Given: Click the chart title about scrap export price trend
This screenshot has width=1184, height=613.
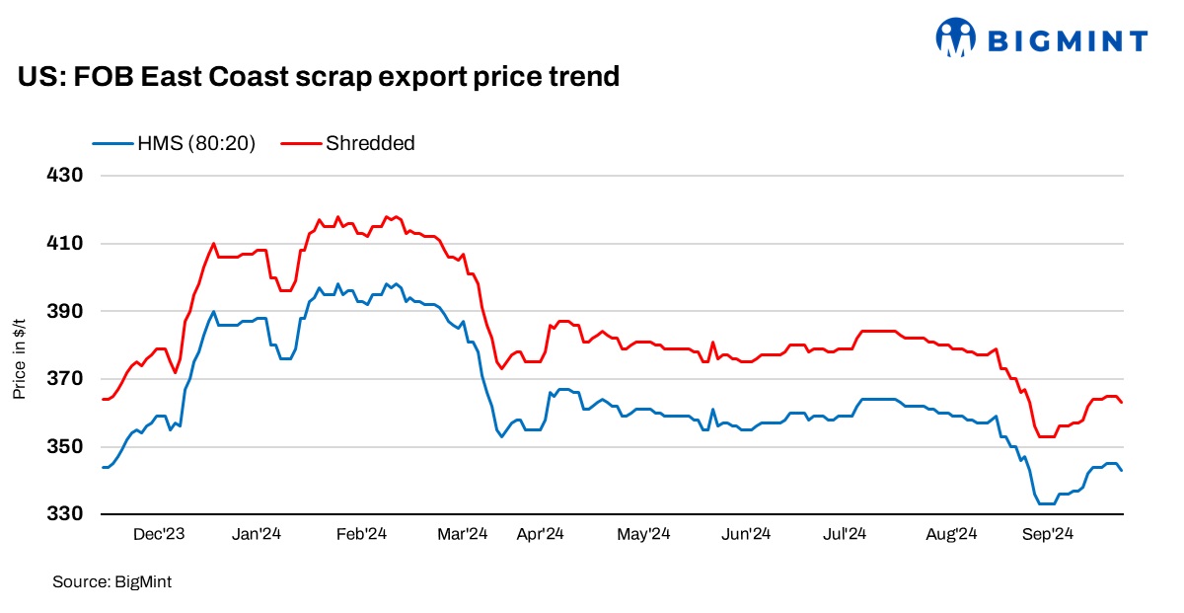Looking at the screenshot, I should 319,76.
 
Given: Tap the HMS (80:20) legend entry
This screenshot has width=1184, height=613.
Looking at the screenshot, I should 175,143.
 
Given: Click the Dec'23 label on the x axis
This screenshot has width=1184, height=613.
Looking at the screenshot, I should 159,534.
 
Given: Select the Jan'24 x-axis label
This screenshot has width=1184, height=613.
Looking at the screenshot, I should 258,534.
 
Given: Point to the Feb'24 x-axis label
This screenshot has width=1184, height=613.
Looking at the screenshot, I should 360,534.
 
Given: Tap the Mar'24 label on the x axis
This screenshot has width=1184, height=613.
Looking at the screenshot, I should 462,534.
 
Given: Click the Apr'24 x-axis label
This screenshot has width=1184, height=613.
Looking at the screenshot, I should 540,534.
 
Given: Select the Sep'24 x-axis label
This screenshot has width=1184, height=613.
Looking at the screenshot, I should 1048,534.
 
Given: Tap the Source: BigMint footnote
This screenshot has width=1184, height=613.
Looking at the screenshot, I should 111,582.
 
